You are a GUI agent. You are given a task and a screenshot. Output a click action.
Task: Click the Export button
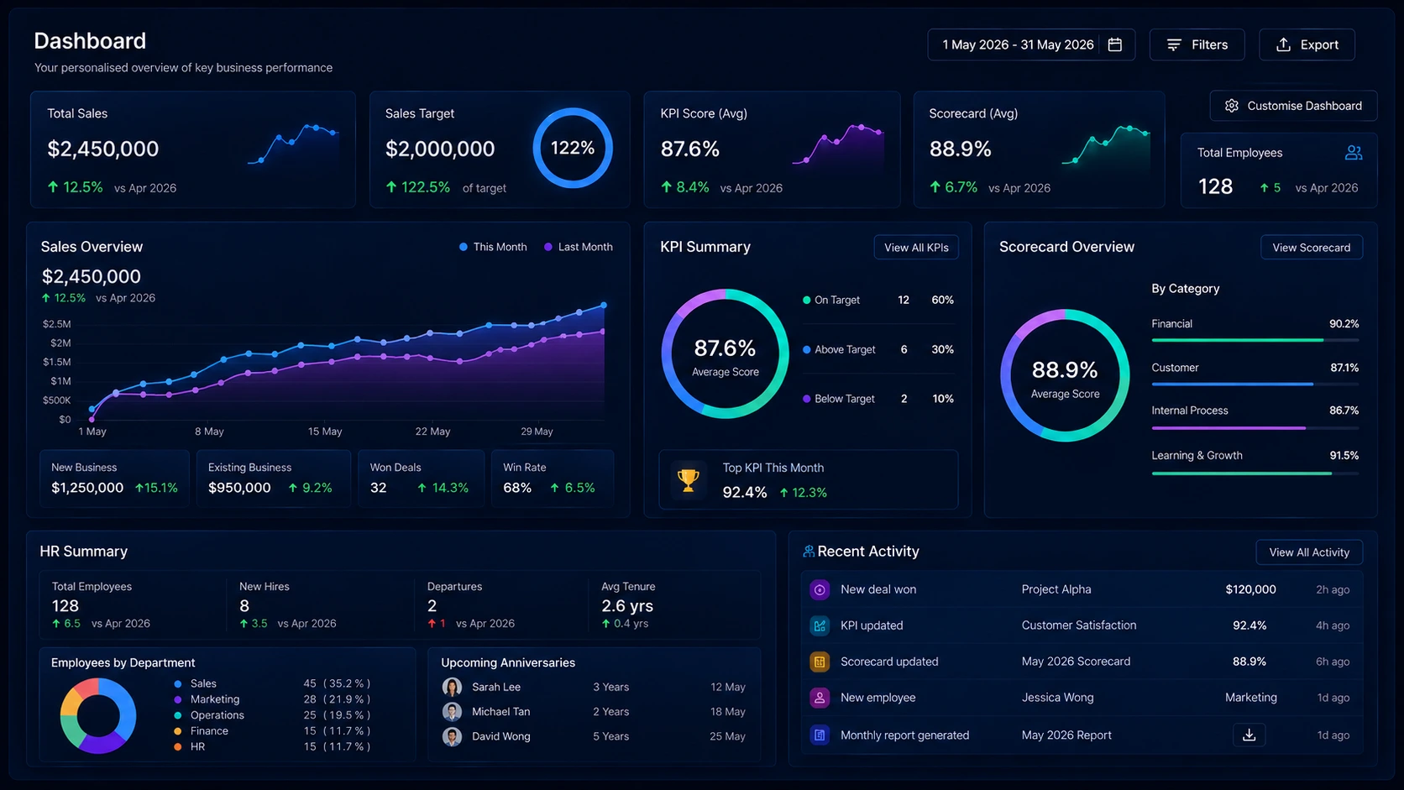[1307, 44]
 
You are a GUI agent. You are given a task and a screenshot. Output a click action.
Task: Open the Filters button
[1197, 44]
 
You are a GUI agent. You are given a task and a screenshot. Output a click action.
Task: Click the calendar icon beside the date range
[1114, 44]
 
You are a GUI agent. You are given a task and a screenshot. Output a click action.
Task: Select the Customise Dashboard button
[1293, 106]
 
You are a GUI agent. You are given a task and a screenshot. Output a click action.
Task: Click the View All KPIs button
[916, 248]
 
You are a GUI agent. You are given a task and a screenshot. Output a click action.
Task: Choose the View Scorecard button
[1312, 248]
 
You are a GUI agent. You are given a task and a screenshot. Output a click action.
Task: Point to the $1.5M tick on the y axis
[56, 362]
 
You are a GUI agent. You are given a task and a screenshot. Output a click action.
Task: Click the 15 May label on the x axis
[325, 432]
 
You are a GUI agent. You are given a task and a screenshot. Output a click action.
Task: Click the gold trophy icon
[689, 480]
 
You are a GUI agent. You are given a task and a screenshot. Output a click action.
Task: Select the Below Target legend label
[844, 399]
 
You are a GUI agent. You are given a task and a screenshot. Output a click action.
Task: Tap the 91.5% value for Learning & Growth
[1344, 456]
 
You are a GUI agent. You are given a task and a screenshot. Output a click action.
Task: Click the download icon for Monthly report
[1249, 735]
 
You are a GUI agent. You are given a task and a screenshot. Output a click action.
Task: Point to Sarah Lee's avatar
[452, 688]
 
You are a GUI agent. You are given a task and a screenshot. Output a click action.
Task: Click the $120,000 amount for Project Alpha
[1250, 589]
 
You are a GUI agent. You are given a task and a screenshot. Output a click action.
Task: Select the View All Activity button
[1309, 552]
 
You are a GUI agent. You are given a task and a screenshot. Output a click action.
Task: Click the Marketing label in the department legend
[214, 699]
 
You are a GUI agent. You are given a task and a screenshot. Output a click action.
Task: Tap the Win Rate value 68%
[517, 488]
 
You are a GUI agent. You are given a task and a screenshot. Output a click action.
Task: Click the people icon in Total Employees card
[1354, 153]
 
